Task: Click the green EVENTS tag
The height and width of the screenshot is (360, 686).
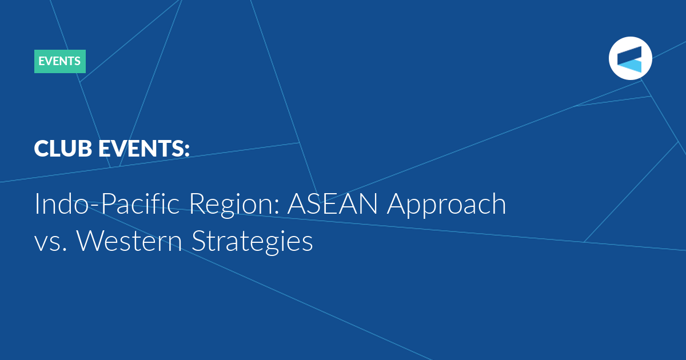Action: (59, 61)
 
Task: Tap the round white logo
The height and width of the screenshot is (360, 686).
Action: (630, 58)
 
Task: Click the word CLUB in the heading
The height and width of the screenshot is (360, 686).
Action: (63, 149)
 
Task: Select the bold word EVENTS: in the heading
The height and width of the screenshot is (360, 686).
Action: (144, 149)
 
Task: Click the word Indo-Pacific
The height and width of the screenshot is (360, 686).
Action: (107, 203)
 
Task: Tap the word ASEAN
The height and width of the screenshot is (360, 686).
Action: (333, 203)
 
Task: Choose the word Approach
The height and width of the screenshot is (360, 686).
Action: (446, 205)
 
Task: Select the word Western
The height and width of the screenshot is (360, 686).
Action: (129, 241)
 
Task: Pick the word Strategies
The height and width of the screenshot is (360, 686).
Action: (252, 242)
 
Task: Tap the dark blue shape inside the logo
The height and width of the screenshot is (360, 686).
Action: (630, 55)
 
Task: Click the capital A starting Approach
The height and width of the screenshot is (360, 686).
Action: (397, 203)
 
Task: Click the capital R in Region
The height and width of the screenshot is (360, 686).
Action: (198, 203)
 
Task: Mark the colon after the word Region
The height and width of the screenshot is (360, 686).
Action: (277, 207)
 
